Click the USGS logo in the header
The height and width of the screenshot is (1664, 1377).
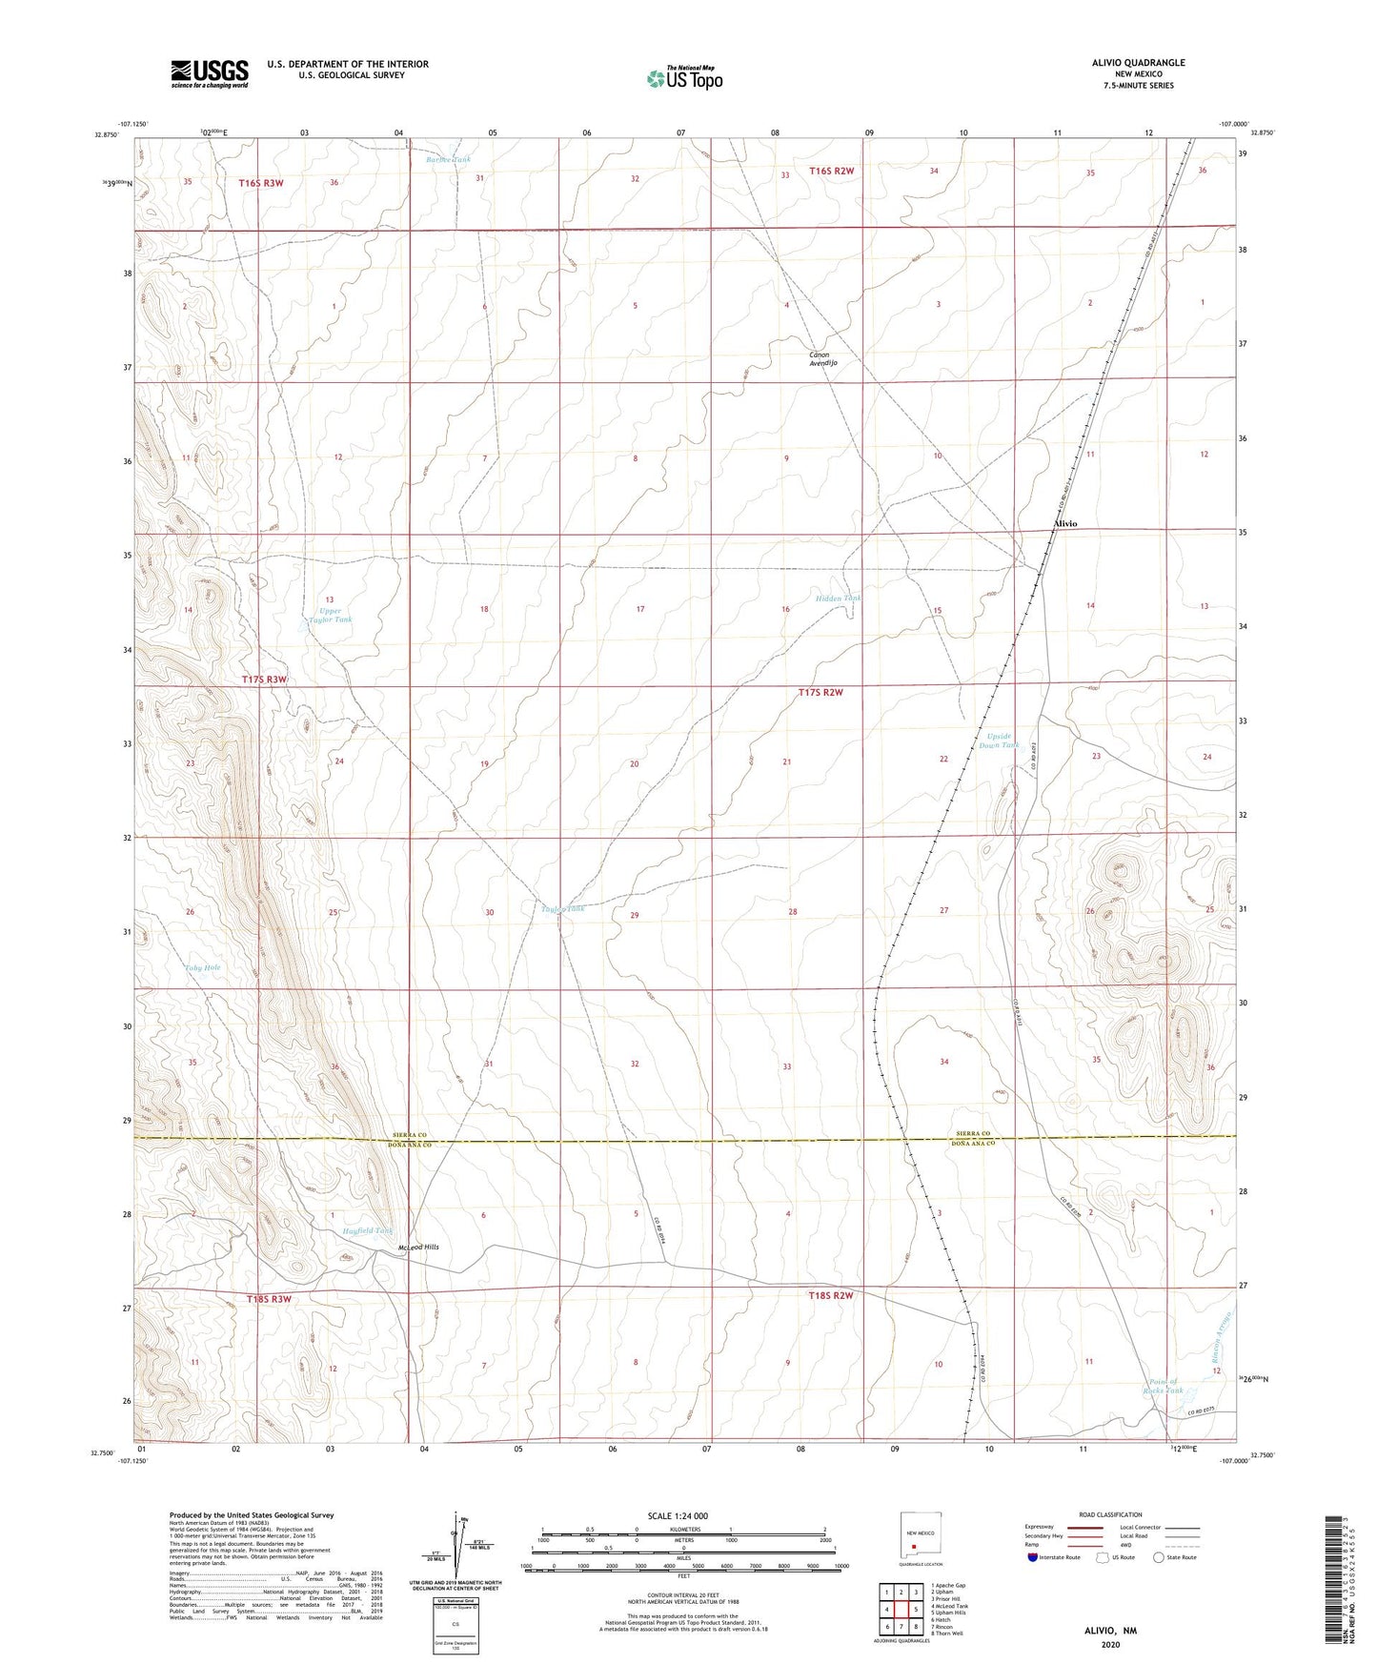(210, 73)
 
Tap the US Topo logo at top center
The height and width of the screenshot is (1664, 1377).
(682, 78)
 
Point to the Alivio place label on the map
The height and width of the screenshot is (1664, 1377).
(1064, 524)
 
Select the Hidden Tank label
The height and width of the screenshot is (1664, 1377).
(839, 599)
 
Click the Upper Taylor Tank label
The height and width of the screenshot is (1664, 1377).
(331, 616)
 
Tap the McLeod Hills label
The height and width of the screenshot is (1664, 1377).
(417, 1247)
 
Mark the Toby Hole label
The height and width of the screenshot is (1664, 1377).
(202, 967)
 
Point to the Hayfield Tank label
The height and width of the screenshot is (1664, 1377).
(368, 1230)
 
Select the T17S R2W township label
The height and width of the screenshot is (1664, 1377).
(820, 693)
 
